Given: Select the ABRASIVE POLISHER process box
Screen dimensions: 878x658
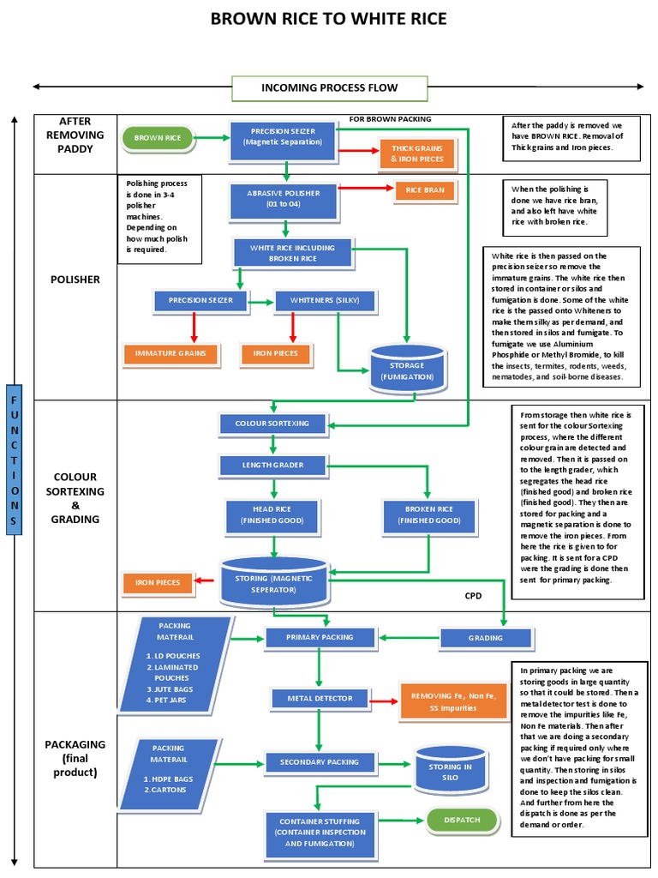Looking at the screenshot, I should coord(284,199).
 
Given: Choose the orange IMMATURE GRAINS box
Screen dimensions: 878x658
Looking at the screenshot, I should coord(170,353).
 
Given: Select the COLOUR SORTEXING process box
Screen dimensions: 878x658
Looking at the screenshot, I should coord(272,424).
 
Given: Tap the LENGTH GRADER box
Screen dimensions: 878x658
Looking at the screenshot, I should coord(272,466).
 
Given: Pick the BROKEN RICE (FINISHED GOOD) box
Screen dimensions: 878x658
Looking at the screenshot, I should coord(428,514).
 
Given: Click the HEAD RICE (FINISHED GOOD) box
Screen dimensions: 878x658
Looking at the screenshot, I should coord(272,514).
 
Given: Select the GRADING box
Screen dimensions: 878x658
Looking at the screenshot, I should coord(485,637).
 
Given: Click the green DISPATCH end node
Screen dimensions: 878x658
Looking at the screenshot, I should coord(463,821).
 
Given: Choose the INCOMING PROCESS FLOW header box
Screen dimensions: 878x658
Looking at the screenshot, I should coord(329,87).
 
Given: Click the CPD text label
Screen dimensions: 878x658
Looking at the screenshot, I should coord(474,595).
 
